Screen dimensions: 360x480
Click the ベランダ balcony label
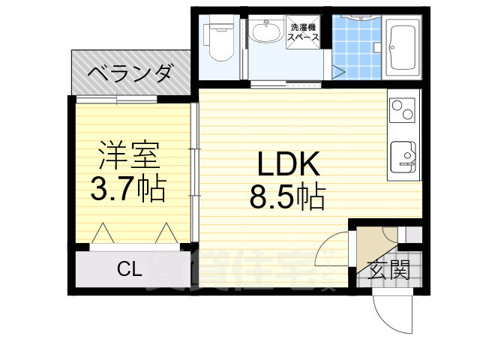coord(131,74)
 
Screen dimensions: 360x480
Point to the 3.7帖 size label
coord(128,189)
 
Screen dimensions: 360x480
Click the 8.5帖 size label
coord(288,197)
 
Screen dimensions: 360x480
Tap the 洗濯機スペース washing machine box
coord(304,33)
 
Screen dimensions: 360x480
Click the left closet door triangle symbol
coord(103,234)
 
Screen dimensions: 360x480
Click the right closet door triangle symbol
coord(165,234)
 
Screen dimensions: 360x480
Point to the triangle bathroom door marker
coord(339,73)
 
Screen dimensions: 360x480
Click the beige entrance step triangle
coord(371,243)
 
